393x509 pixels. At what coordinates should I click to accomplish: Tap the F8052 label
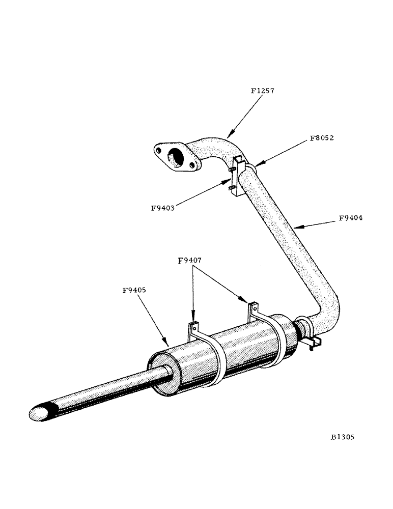point(321,138)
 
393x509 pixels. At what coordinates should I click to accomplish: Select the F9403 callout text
point(164,208)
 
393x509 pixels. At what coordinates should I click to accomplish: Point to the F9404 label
point(351,218)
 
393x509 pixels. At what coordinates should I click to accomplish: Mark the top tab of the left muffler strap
point(192,327)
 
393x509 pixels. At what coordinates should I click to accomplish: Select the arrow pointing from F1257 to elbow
point(244,117)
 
